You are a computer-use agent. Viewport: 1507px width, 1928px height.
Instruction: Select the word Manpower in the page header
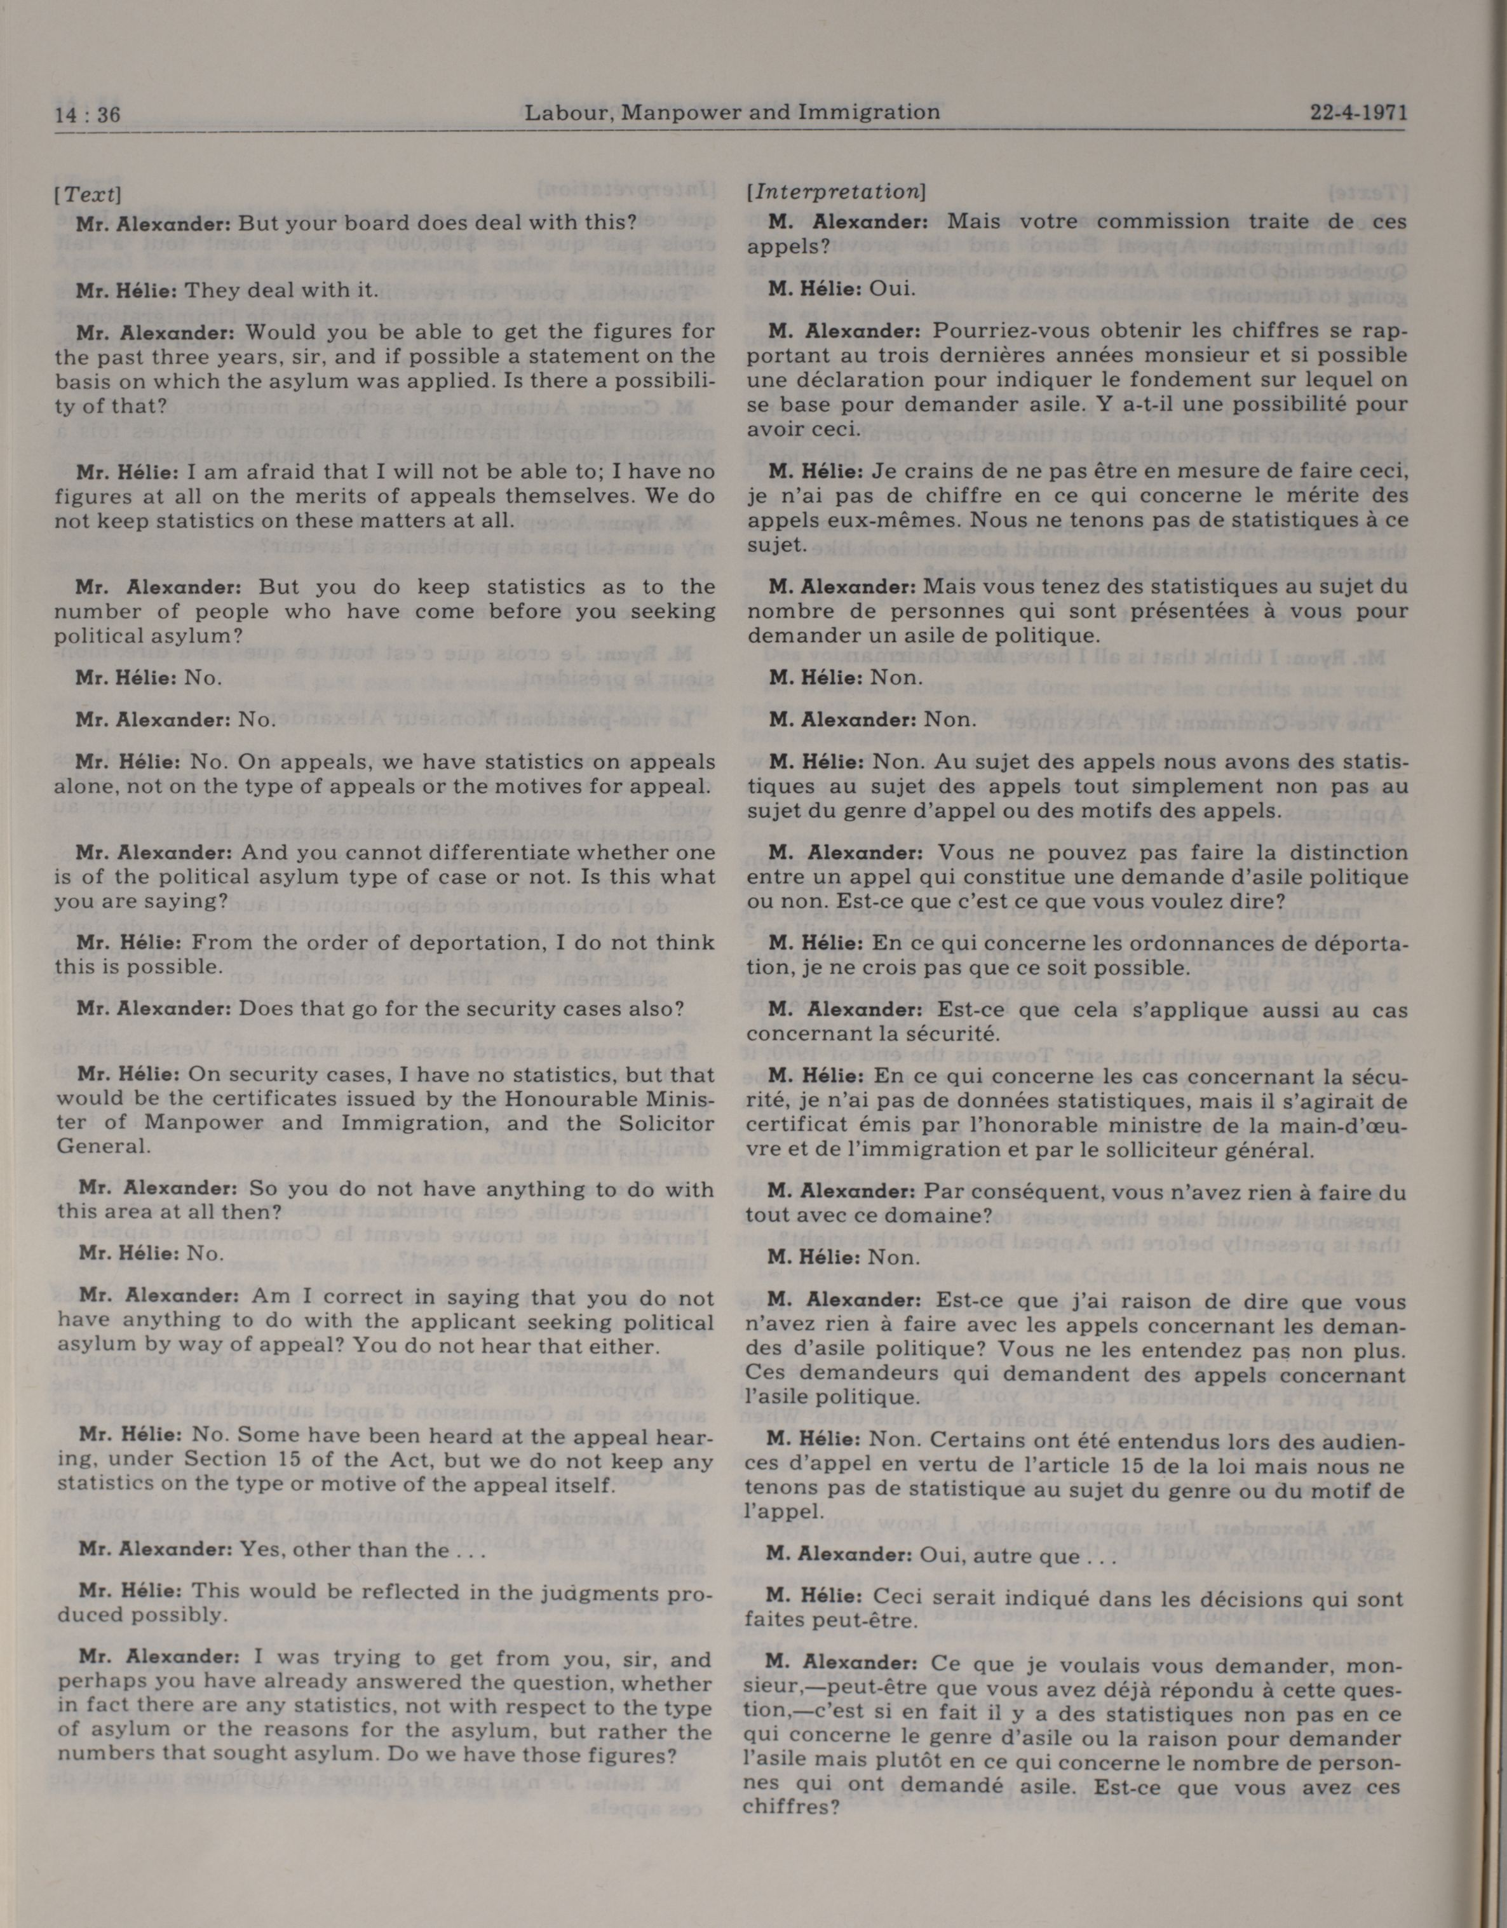673,112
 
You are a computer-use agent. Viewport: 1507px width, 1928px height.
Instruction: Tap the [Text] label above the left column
88,193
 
